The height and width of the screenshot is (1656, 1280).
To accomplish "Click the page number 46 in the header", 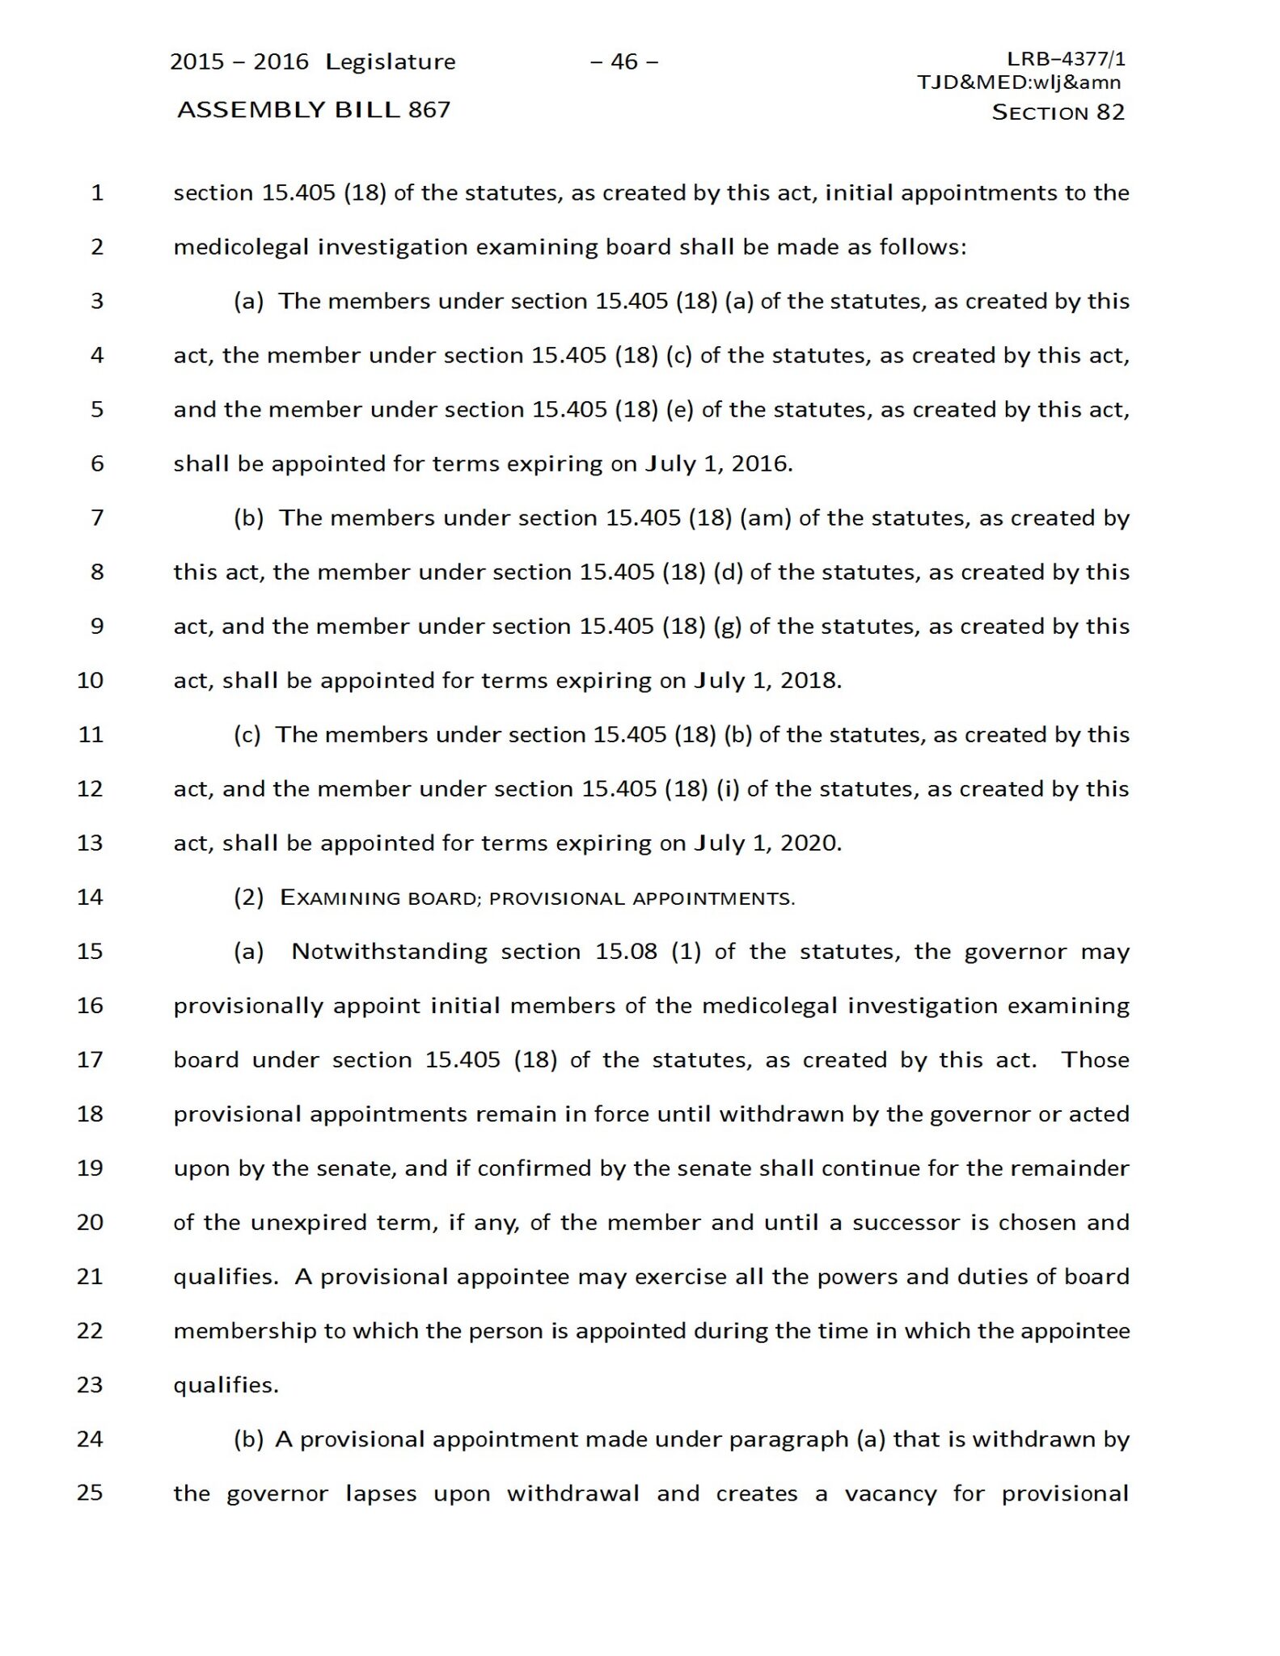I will pyautogui.click(x=624, y=61).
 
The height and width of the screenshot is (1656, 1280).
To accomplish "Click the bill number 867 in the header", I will pyautogui.click(x=429, y=110).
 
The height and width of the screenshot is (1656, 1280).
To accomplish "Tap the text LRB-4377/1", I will pyautogui.click(x=1066, y=59).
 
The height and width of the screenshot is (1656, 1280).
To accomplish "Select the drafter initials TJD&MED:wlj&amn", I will pyautogui.click(x=1019, y=82).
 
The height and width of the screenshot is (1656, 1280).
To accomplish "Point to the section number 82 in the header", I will pyautogui.click(x=1110, y=112).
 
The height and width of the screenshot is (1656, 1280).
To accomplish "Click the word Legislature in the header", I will pyautogui.click(x=391, y=62).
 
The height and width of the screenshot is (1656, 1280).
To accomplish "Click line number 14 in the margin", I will pyautogui.click(x=90, y=897).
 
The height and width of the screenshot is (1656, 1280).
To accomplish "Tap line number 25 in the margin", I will pyautogui.click(x=90, y=1493).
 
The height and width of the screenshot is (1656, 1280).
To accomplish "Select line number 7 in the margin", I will pyautogui.click(x=97, y=517).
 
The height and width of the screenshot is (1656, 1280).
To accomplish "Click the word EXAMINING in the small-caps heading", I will pyautogui.click(x=340, y=898).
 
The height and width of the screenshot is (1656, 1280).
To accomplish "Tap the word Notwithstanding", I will pyautogui.click(x=389, y=952).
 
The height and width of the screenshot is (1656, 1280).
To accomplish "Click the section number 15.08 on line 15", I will pyautogui.click(x=627, y=952).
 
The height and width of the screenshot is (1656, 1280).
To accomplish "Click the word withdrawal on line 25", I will pyautogui.click(x=573, y=1493).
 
